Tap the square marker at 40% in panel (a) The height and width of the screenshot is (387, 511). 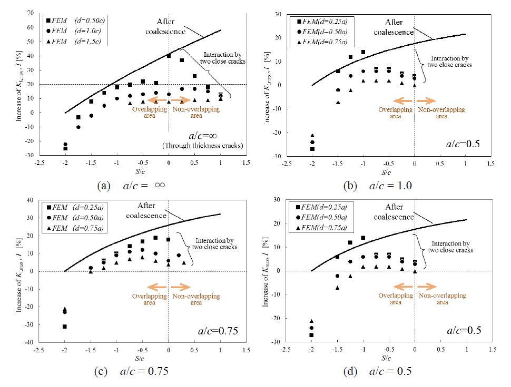pos(169,56)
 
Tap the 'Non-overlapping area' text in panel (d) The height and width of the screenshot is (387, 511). pos(441,299)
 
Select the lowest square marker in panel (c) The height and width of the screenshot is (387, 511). pos(65,327)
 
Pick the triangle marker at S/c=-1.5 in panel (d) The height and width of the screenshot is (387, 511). pos(337,288)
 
